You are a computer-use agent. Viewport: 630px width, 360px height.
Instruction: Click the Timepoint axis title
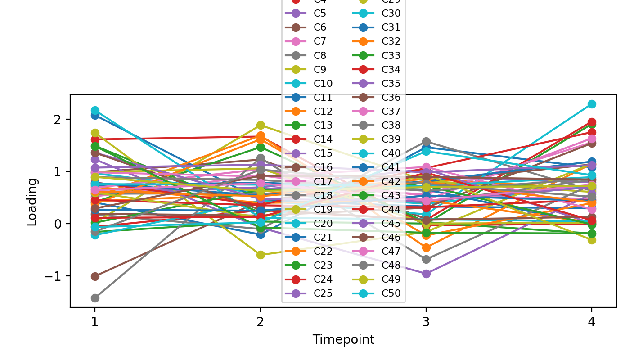[343, 340]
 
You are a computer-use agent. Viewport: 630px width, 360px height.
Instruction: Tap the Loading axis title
[32, 202]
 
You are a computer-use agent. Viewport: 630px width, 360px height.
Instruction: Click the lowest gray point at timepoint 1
[95, 298]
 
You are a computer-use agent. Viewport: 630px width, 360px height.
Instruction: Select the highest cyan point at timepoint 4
[591, 104]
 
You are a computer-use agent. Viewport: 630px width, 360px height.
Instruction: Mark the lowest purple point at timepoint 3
[426, 274]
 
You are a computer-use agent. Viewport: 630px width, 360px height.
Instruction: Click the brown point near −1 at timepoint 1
[95, 276]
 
